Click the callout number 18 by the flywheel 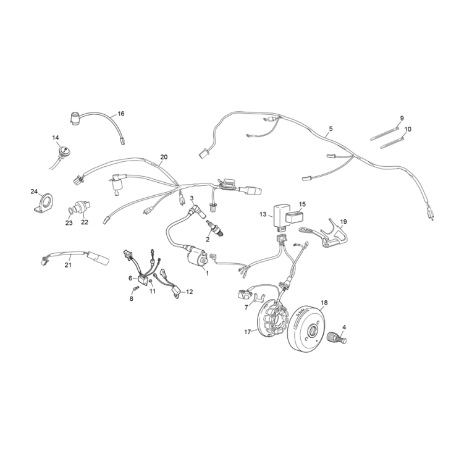[324, 303]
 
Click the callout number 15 [303, 204]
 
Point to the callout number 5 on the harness [331, 128]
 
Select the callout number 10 [407, 129]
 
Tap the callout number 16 [121, 114]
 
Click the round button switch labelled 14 [62, 149]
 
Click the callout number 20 [164, 157]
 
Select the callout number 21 [69, 265]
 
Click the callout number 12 [189, 291]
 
